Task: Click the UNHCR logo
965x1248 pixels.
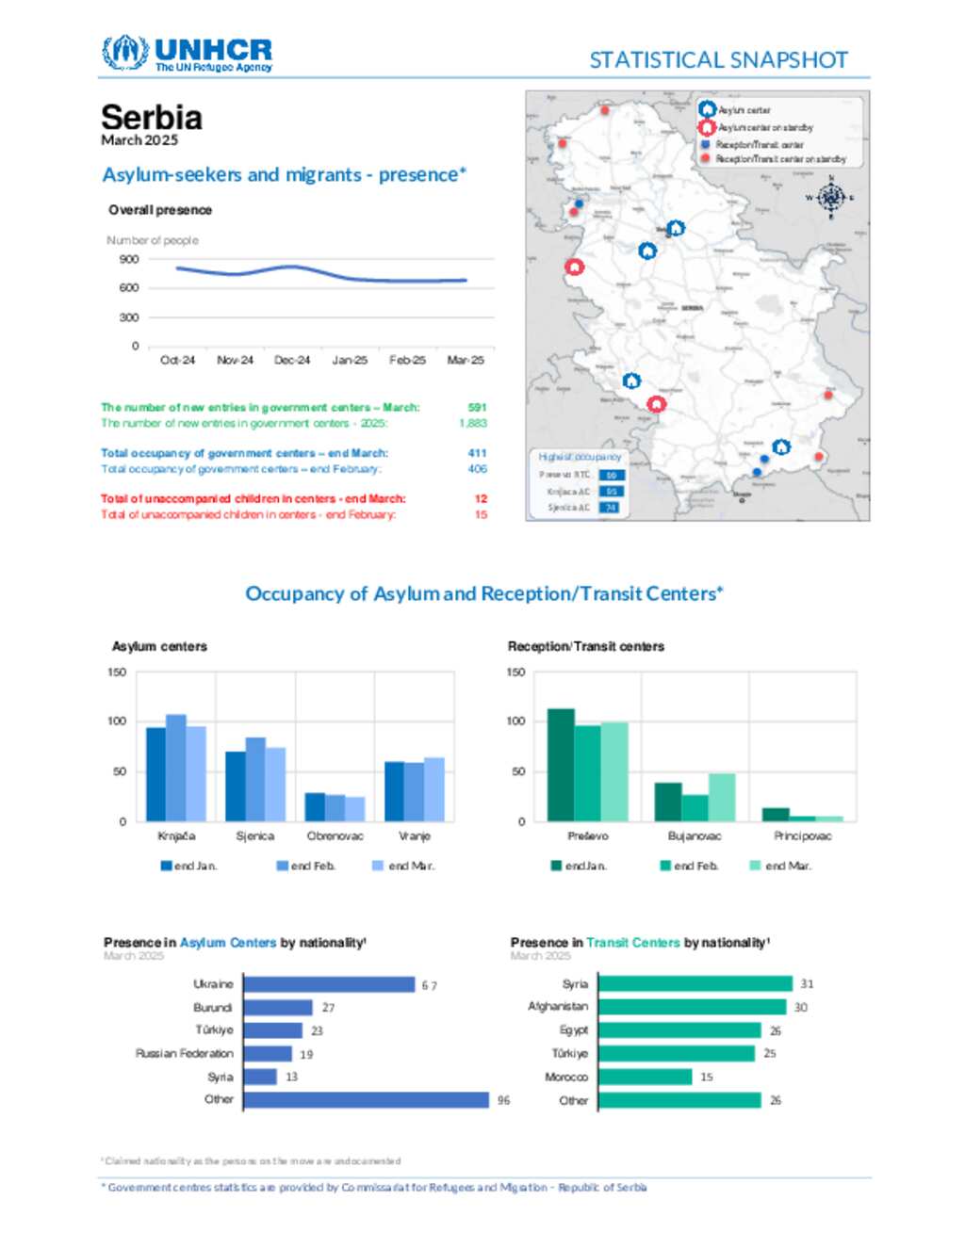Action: coord(187,54)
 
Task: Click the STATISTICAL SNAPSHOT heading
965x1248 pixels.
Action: coord(718,60)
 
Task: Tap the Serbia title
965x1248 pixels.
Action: coord(152,118)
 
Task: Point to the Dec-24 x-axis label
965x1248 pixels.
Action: coord(292,360)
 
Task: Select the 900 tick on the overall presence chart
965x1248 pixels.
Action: coord(129,259)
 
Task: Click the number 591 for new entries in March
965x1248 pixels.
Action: coord(477,408)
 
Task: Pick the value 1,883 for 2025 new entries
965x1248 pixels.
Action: coord(473,423)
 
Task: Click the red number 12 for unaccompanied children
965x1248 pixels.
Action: coord(481,498)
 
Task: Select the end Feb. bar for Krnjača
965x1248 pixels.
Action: coord(176,768)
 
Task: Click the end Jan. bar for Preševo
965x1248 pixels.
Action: coord(561,765)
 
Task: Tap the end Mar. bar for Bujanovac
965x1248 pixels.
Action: coord(722,797)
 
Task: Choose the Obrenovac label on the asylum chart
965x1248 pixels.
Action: coord(335,836)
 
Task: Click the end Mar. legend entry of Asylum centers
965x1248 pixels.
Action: coord(404,866)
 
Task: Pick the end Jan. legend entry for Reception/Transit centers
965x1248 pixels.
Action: coord(579,866)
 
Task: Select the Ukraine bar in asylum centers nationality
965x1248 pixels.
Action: coord(329,984)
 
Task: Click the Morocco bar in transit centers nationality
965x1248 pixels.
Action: coord(645,1077)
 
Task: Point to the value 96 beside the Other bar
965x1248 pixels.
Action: coord(504,1100)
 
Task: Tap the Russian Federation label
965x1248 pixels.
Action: coord(184,1054)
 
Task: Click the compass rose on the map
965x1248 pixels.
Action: coord(830,198)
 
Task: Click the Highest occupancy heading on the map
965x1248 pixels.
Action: coord(580,457)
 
